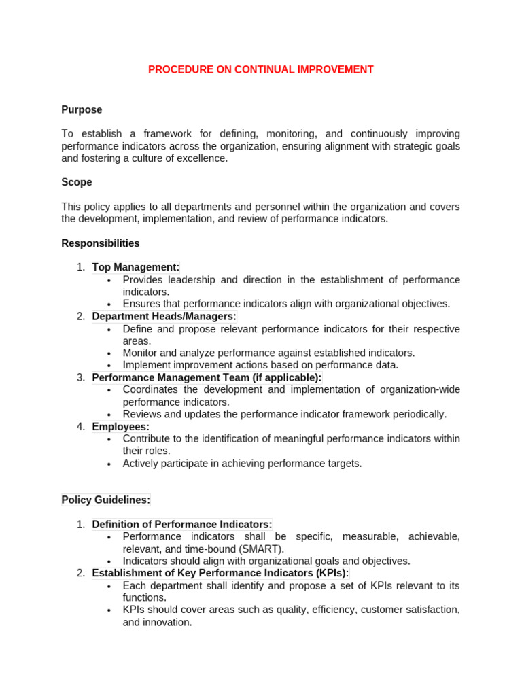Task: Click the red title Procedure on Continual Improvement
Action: pyautogui.click(x=261, y=70)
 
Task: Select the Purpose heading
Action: pyautogui.click(x=82, y=109)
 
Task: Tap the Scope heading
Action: pyautogui.click(x=76, y=182)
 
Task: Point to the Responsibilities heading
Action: pyautogui.click(x=101, y=243)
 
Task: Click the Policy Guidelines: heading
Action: pyautogui.click(x=105, y=500)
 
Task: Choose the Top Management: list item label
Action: pyautogui.click(x=136, y=267)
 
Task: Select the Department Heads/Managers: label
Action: pyautogui.click(x=164, y=316)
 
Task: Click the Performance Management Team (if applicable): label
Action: pyautogui.click(x=207, y=377)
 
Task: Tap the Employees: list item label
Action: pyautogui.click(x=121, y=427)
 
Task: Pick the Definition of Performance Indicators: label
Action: pyautogui.click(x=182, y=524)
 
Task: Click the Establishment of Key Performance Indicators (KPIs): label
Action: pyautogui.click(x=220, y=573)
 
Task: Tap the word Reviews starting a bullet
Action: pyautogui.click(x=141, y=414)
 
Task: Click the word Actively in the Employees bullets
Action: pyautogui.click(x=140, y=464)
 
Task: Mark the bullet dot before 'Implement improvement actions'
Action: pyautogui.click(x=109, y=366)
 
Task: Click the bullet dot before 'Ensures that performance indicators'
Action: pyautogui.click(x=109, y=304)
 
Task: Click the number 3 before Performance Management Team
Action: pyautogui.click(x=81, y=377)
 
